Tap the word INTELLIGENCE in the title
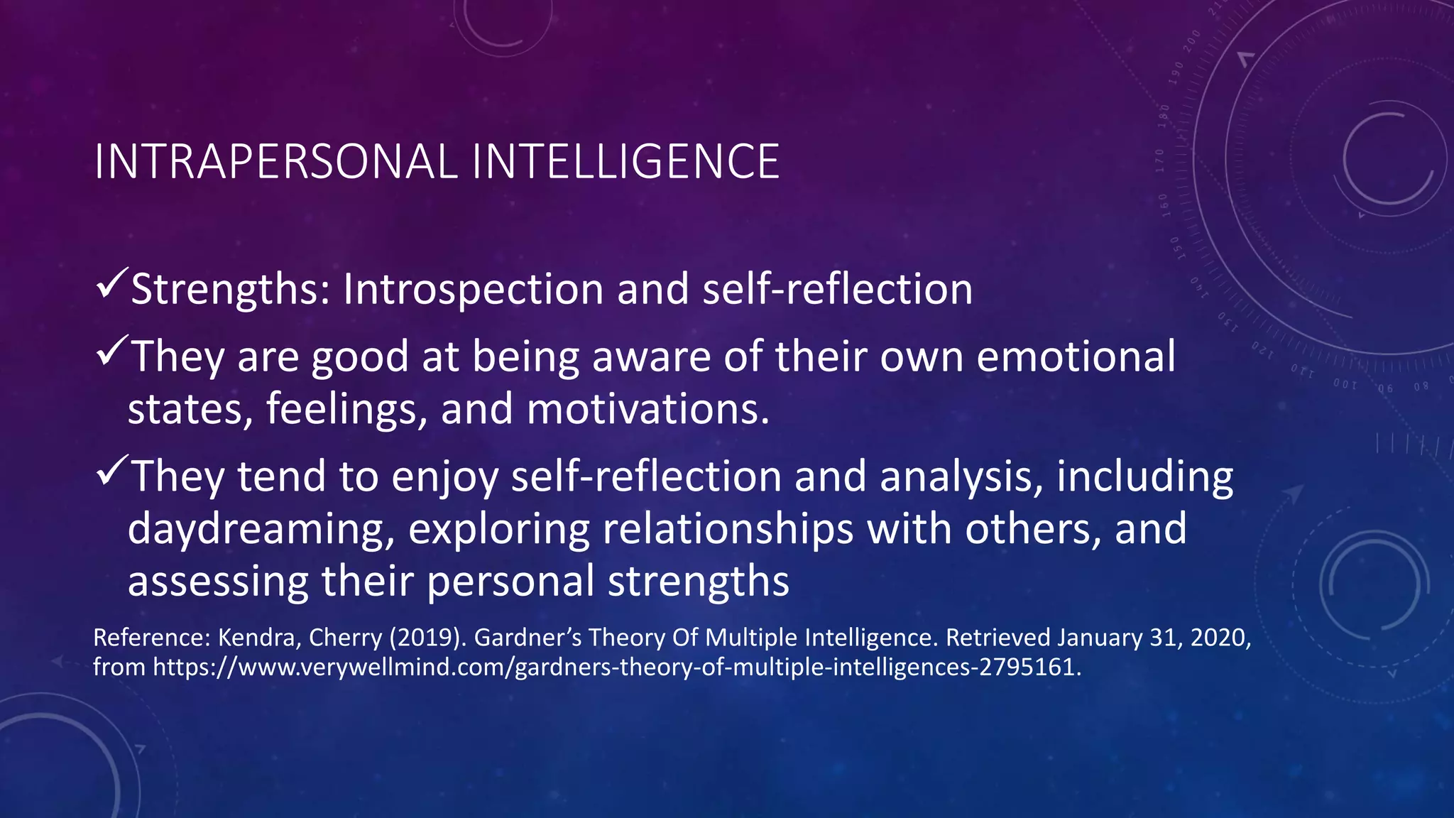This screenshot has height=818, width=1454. point(625,162)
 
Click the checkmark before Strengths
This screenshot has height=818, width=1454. point(111,283)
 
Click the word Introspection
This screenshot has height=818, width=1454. point(473,290)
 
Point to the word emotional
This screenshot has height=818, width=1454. point(1076,356)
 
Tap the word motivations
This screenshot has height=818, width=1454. point(647,410)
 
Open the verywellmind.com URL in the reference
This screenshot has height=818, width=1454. point(616,667)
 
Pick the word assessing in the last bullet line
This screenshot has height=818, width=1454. point(217,582)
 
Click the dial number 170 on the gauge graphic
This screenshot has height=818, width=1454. point(1159,160)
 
